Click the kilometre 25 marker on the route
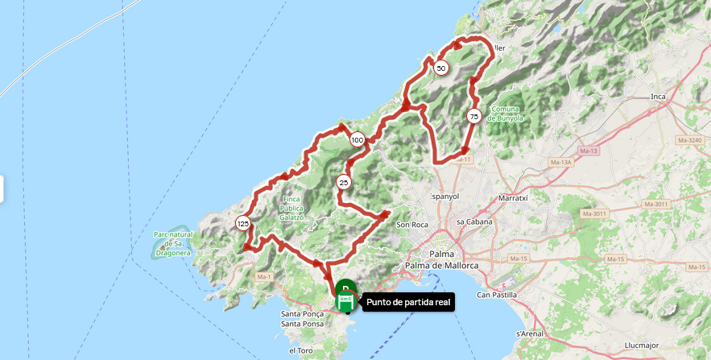coord(344,182)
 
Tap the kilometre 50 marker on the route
coord(440,68)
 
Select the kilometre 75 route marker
coord(473,116)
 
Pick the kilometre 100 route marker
coord(357,140)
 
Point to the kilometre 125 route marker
coord(242,223)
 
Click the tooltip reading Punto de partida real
coord(409,303)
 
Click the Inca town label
coord(658,97)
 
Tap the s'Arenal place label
coord(531,332)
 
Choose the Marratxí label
coord(513,197)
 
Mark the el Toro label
coord(301,351)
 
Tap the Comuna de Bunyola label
coord(507,113)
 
